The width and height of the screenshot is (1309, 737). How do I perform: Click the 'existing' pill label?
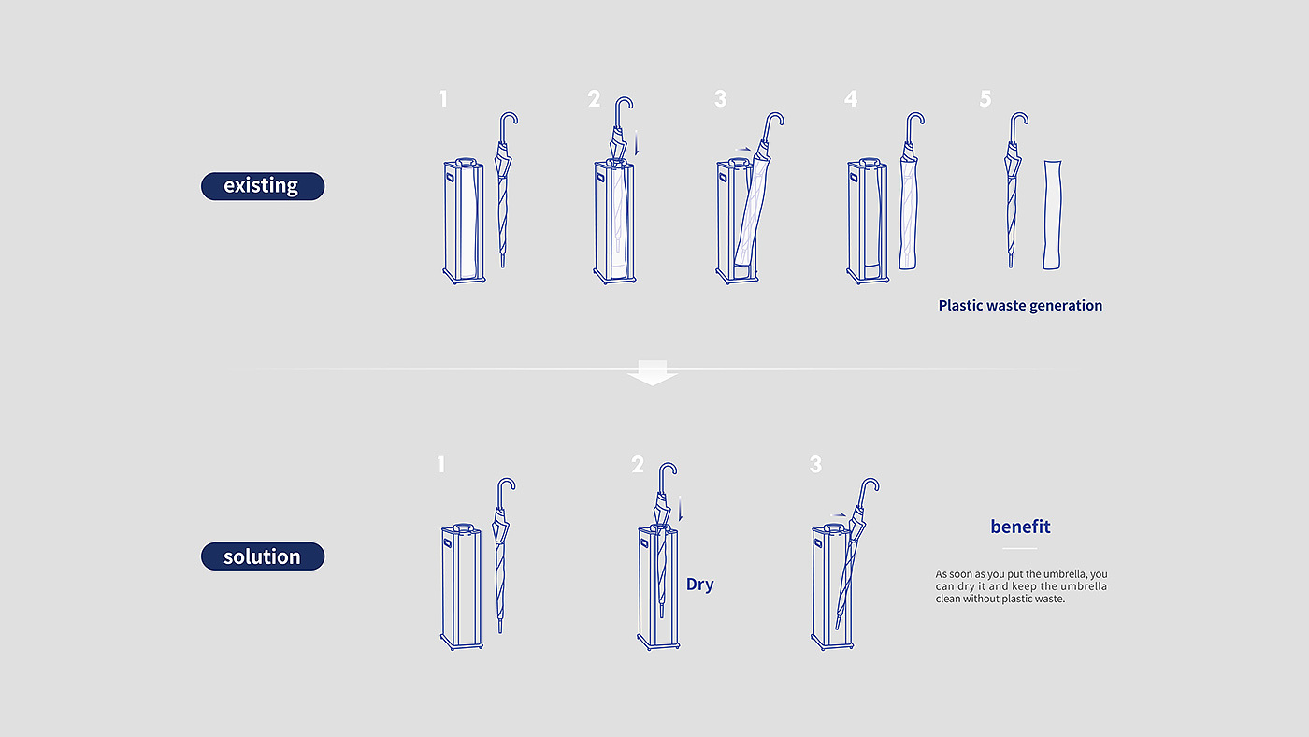coord(263,186)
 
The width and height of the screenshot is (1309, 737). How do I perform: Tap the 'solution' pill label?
coord(263,556)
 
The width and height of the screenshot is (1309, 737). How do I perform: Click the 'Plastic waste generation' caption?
coord(1020,306)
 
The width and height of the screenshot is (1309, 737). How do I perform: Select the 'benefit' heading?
coord(1020,527)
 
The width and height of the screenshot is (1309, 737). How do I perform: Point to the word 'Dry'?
coord(699,585)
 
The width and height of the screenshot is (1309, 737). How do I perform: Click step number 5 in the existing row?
coord(985,99)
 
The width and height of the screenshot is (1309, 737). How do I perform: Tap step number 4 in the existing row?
coord(851,99)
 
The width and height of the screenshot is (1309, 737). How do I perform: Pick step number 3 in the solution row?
coord(815,465)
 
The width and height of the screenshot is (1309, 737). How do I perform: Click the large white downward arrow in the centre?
coord(653,373)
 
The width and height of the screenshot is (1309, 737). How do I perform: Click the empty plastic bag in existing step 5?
coord(1052,215)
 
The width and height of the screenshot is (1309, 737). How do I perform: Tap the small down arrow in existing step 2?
coord(637,143)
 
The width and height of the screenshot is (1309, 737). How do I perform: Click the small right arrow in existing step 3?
coord(742,150)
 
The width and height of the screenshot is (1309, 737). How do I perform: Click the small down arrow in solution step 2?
coord(681,509)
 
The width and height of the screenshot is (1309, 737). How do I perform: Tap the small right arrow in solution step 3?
coord(838,515)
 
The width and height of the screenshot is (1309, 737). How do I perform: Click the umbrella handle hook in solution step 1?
coord(505,491)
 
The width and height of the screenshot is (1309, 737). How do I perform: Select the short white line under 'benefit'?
coord(1020,548)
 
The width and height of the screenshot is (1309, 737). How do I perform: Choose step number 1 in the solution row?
coord(441,465)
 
